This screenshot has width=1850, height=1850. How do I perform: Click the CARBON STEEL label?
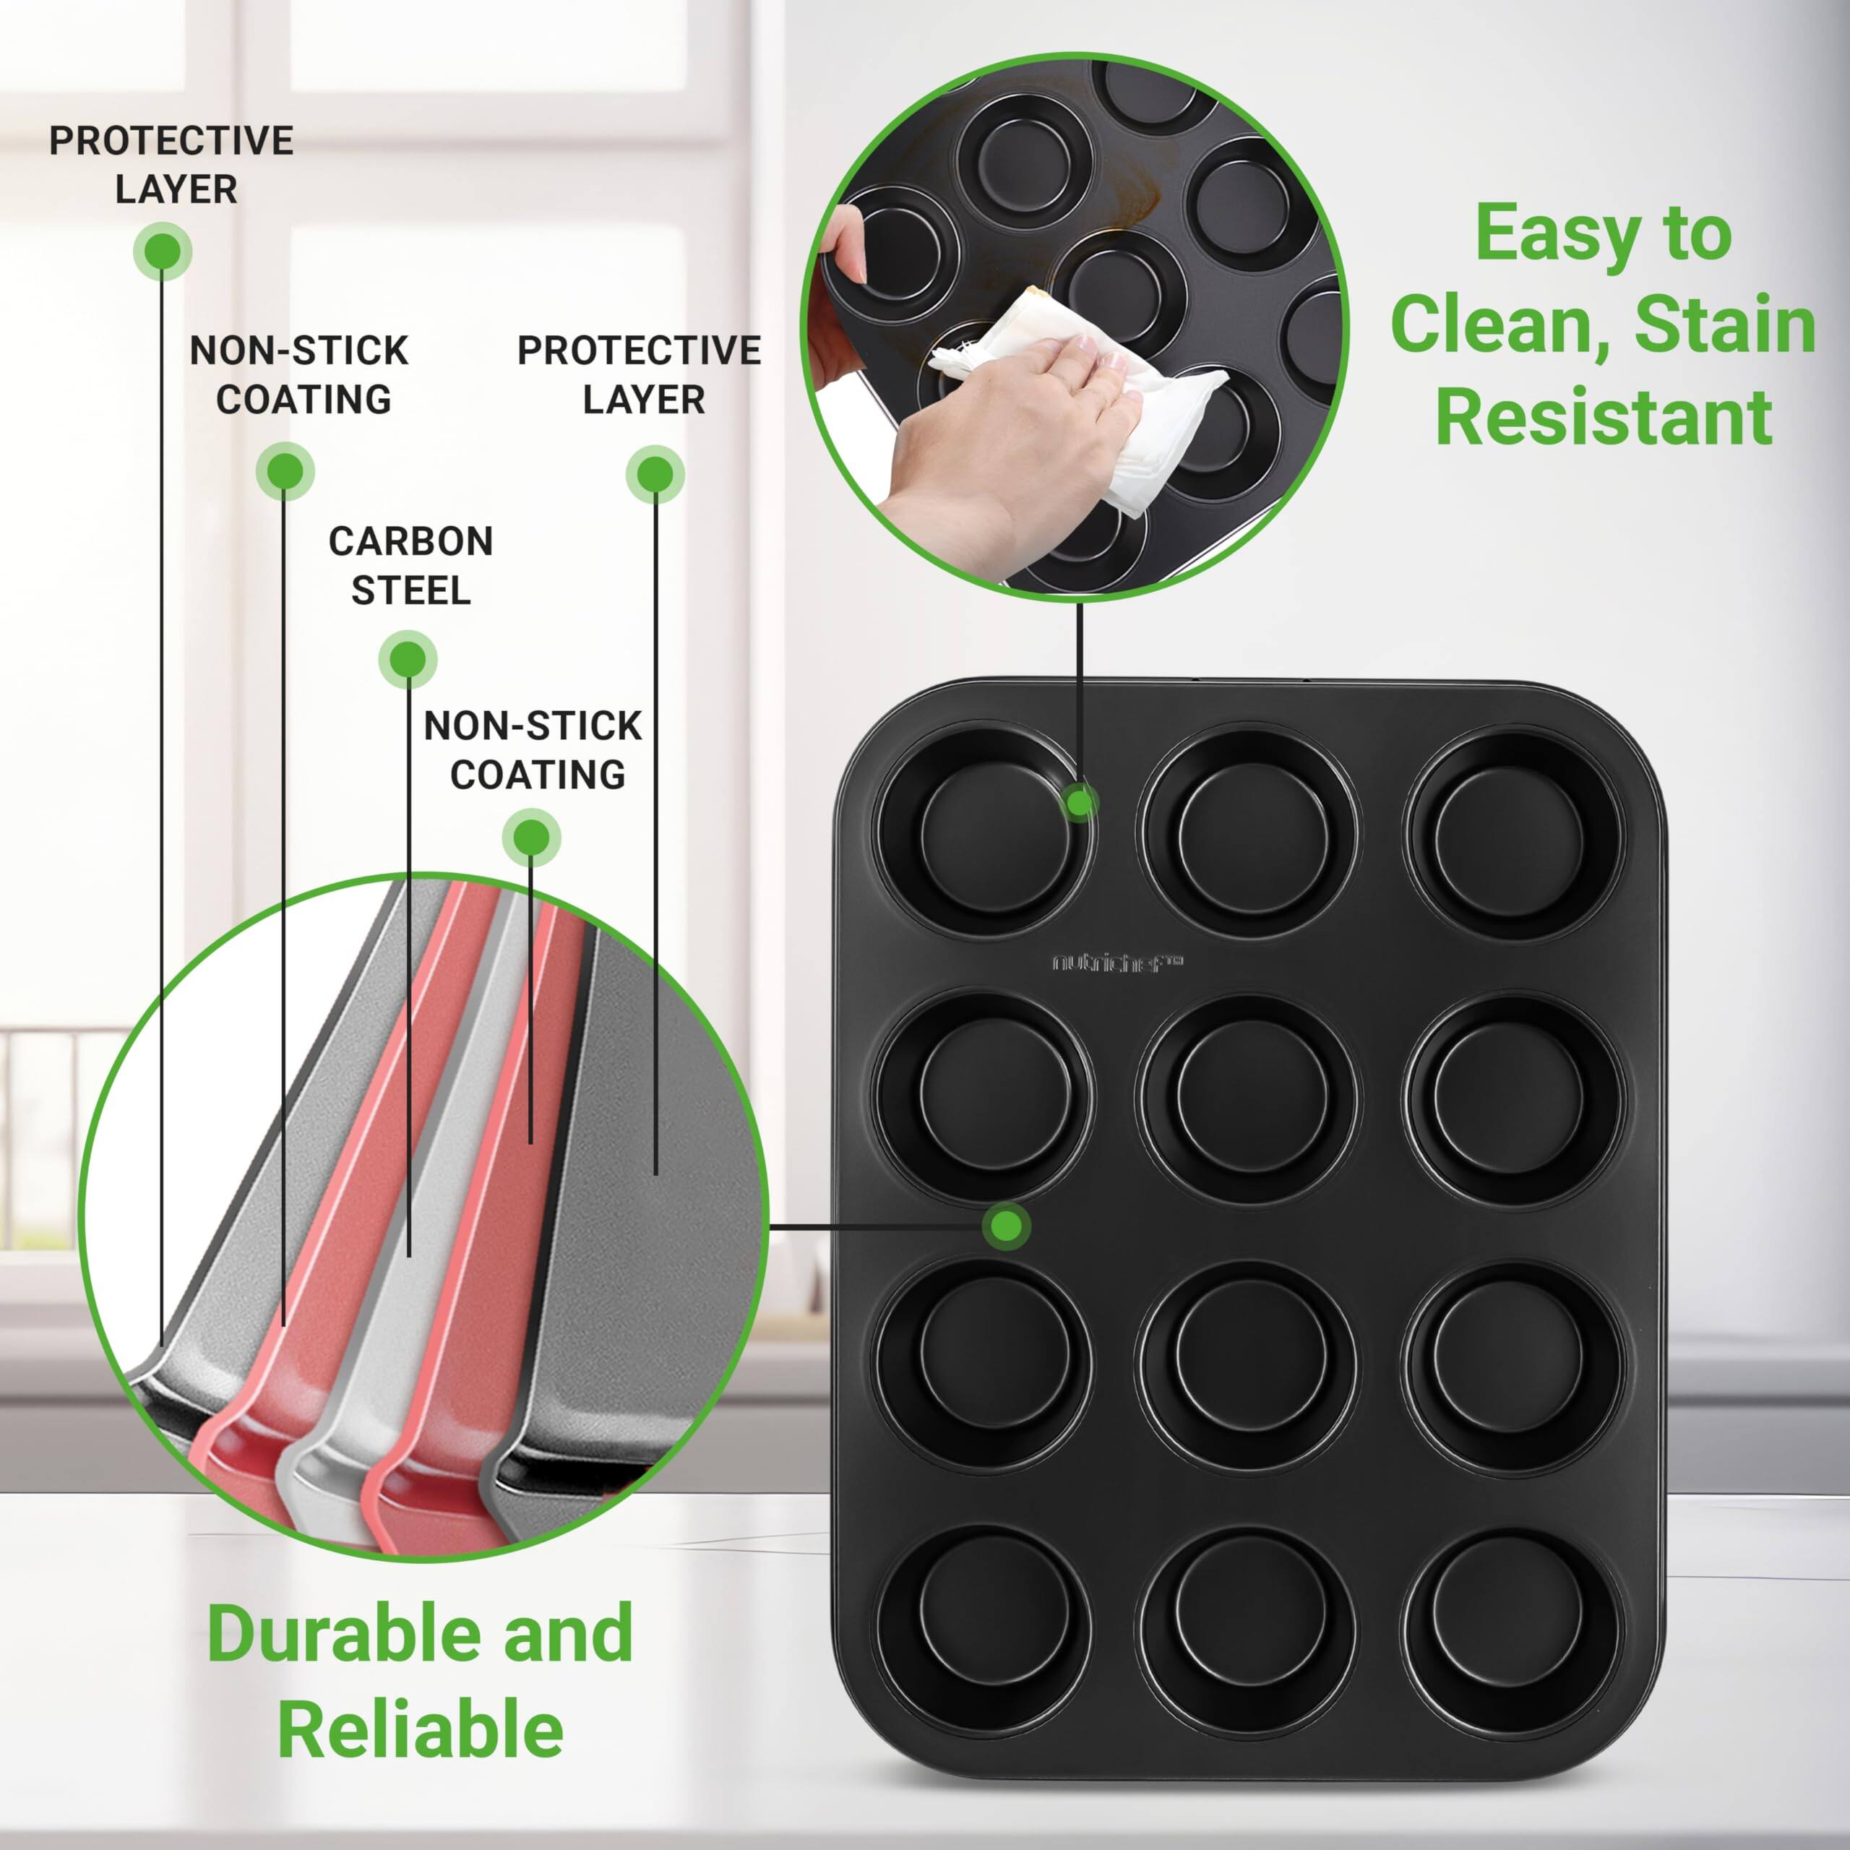coord(410,565)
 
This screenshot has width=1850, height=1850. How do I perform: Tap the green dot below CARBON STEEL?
coord(408,659)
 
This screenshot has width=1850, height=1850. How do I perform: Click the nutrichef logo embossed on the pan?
coord(1117,963)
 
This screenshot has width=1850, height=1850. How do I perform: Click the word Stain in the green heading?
coord(1724,326)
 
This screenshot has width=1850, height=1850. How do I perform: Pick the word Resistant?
coord(1604,418)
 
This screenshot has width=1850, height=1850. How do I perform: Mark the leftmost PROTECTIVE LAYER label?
coord(171,165)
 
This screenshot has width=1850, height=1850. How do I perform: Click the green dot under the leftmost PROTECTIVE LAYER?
coord(163,251)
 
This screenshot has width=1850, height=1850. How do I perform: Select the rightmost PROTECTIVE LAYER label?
coord(640,374)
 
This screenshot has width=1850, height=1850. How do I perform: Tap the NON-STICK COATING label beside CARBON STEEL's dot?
coord(533,750)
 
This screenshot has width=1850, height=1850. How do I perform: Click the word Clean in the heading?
coord(1499,326)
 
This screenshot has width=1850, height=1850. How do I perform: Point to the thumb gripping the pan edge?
coord(848,244)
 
